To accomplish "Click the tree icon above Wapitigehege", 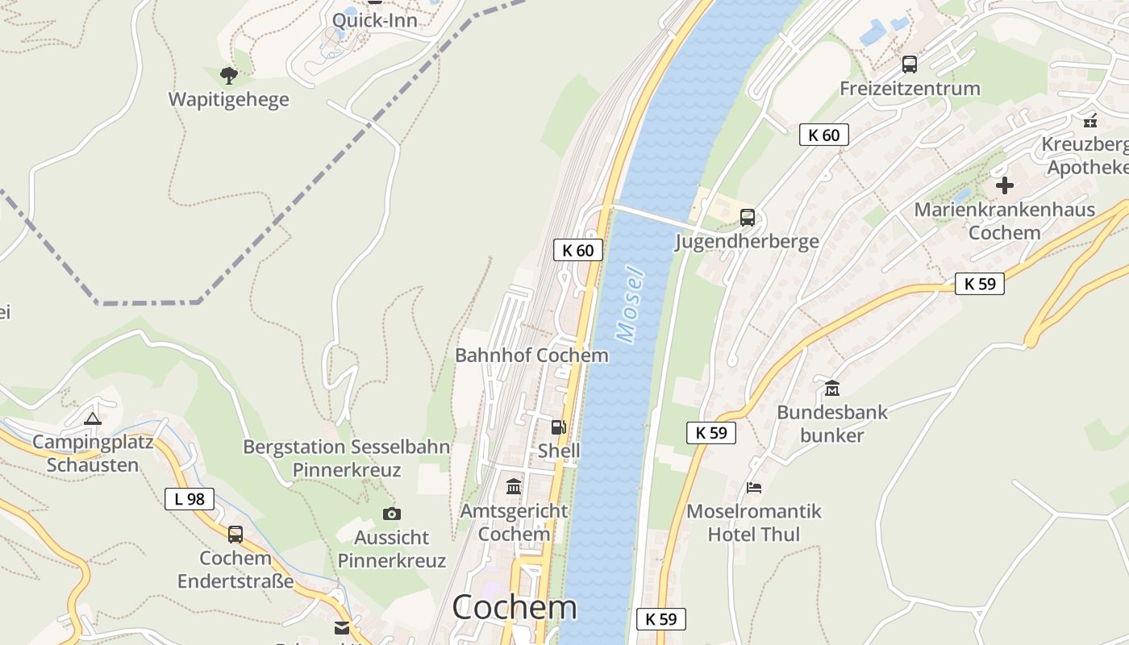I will pos(229,76).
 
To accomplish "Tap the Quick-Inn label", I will pos(375,20).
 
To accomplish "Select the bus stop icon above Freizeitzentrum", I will pos(910,64).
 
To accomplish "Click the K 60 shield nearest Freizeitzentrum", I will pos(823,135).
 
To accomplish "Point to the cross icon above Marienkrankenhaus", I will pos(1004,185).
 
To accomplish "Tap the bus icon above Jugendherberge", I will pos(748,217).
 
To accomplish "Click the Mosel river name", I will pos(631,303).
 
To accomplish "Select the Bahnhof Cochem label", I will pos(531,355).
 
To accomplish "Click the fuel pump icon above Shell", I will pos(558,427).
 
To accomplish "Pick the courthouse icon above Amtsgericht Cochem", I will pos(514,486).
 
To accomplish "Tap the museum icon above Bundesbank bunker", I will pos(832,388).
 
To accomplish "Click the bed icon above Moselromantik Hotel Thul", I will pos(754,487).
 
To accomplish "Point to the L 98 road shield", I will pos(190,499).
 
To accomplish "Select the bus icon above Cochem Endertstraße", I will pos(235,534).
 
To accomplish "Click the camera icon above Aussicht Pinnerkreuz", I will pos(391,514).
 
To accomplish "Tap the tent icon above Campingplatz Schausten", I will pos(93,418).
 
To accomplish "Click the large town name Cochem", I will pos(515,607).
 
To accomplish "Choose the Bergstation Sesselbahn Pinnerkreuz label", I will pos(347,458).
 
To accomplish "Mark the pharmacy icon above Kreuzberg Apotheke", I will pos(1090,122).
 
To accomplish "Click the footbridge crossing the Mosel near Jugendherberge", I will pos(653,216).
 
